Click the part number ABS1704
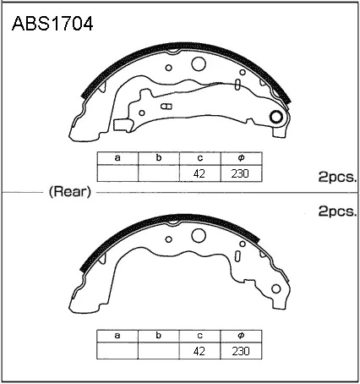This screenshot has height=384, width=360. [x=52, y=24]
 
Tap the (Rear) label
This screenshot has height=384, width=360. [x=70, y=192]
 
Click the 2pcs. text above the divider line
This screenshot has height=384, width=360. [x=337, y=178]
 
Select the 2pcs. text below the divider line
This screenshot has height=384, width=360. [x=337, y=211]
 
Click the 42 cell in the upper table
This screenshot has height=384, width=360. [x=200, y=173]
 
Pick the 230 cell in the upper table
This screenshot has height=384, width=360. [x=242, y=173]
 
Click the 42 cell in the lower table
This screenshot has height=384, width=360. [x=199, y=351]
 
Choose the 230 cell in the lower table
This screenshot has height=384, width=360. [x=241, y=351]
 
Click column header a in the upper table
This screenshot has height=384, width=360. [x=117, y=158]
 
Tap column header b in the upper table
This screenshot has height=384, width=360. [x=159, y=158]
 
